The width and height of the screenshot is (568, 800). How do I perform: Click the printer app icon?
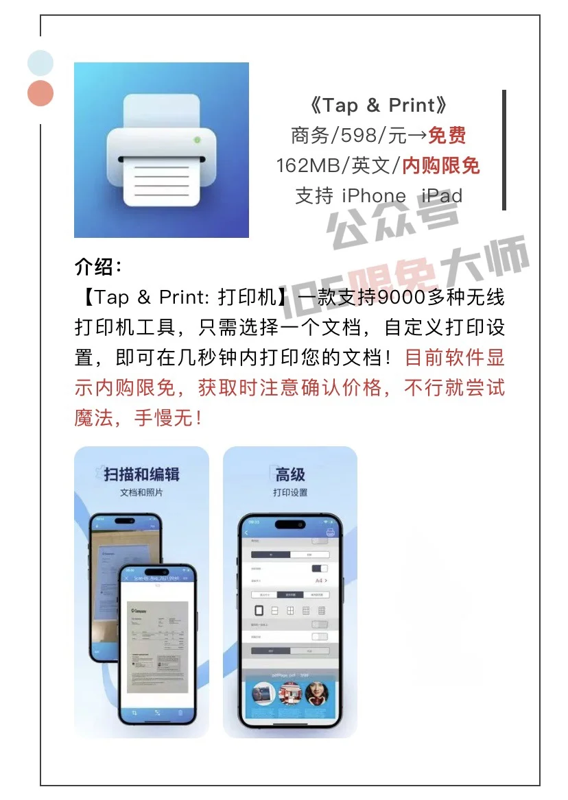click(x=161, y=150)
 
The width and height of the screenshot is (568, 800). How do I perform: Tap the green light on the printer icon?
click(x=198, y=140)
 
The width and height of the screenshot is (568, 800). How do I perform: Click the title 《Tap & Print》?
click(x=378, y=106)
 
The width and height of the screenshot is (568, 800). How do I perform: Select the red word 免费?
click(x=447, y=136)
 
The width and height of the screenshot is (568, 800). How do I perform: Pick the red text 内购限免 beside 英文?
click(x=440, y=165)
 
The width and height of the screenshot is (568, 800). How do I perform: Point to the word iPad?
click(x=442, y=195)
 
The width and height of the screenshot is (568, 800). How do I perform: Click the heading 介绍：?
click(x=99, y=267)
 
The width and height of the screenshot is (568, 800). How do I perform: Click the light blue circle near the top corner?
click(x=40, y=62)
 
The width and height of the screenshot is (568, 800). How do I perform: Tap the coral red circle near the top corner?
click(x=40, y=93)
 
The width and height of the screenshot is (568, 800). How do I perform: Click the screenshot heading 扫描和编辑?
click(x=141, y=474)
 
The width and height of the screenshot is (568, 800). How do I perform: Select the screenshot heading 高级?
click(x=290, y=474)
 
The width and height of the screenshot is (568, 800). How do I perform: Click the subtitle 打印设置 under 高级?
click(x=290, y=493)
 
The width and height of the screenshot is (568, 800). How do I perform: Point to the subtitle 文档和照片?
click(x=141, y=493)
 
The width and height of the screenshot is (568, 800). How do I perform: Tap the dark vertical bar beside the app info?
click(x=504, y=149)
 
